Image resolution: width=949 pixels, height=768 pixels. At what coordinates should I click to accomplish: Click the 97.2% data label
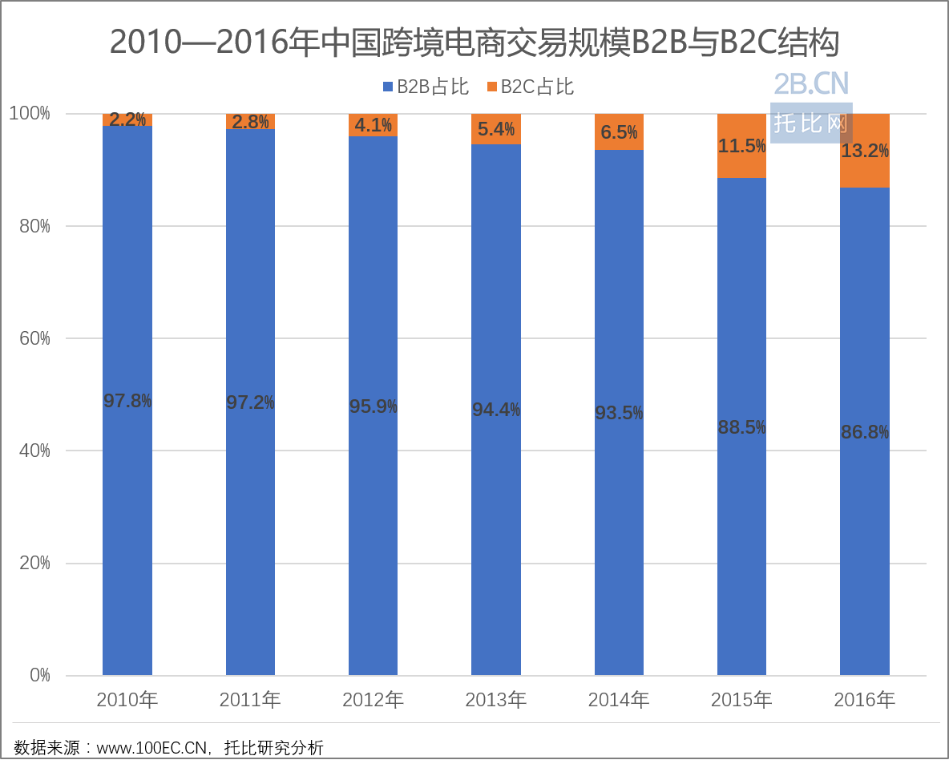point(250,402)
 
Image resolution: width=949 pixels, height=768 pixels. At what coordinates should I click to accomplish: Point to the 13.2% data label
point(865,151)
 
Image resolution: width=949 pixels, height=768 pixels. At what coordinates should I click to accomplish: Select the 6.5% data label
point(619,132)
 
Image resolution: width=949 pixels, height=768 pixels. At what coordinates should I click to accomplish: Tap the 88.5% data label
point(741,427)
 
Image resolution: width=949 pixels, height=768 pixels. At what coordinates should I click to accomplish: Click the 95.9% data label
point(373,406)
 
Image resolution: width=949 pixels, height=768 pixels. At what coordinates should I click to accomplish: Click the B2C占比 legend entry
point(530,87)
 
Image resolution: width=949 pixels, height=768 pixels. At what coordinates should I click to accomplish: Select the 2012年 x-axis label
point(373,700)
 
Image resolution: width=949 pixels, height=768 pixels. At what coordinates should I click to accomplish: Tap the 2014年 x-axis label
point(619,700)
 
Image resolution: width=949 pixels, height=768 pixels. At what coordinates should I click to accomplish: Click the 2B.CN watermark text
point(811,84)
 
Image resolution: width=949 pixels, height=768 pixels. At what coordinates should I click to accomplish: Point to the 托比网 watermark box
point(811,123)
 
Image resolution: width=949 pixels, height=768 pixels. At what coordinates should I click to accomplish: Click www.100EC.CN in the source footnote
point(153,749)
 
